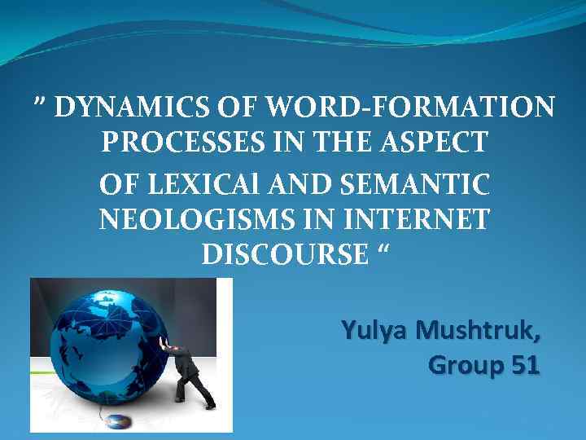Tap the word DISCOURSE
285,255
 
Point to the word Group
463,366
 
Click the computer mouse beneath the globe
116,421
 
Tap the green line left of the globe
41,372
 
